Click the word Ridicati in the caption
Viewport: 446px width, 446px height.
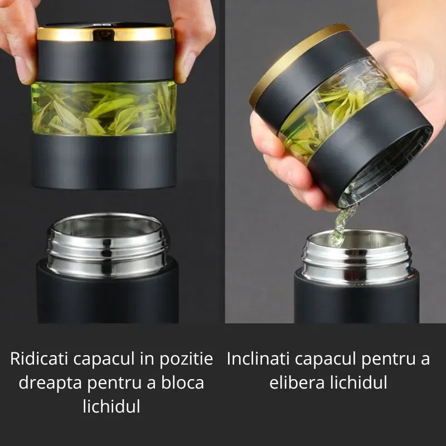(x=35, y=359)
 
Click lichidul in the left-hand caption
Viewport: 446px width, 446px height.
(x=111, y=406)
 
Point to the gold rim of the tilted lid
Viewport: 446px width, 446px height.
(x=290, y=61)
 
